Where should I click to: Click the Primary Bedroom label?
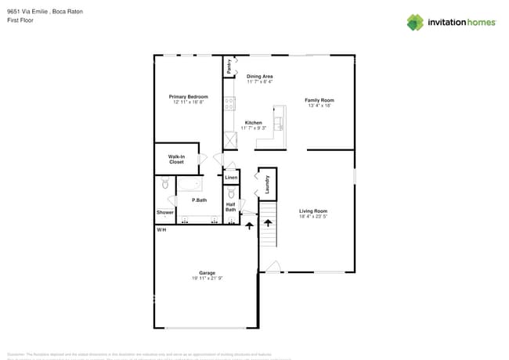coord(188,97)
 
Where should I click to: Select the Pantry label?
coord(229,67)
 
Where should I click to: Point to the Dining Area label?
coord(259,76)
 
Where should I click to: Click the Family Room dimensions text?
coord(319,106)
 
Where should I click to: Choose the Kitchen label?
coord(253,123)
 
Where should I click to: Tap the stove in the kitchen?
coord(230,103)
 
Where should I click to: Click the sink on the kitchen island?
coord(277,123)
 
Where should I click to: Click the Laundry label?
coord(268,184)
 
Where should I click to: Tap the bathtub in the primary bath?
coord(190,185)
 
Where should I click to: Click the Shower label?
coord(164,212)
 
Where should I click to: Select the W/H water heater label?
coord(161,230)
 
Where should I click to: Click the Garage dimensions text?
coord(207,279)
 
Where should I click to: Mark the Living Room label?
coord(313,211)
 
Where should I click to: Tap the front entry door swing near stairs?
coord(271,268)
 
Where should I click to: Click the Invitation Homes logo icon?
coord(414,23)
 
